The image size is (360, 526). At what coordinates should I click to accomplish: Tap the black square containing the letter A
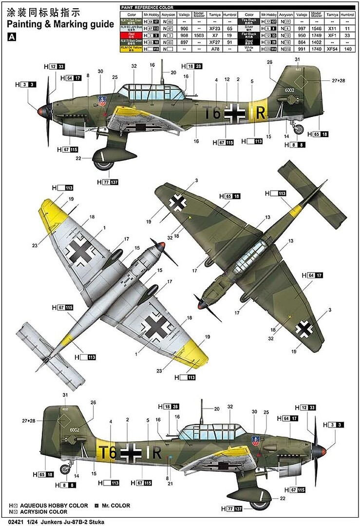coord(12,37)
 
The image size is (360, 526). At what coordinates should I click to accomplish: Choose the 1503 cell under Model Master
coord(198,36)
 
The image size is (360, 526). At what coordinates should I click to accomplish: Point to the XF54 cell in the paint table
coord(332,49)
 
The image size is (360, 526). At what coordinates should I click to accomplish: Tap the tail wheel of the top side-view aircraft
coord(299,129)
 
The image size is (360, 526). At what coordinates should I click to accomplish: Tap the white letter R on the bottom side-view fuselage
coord(156,452)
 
